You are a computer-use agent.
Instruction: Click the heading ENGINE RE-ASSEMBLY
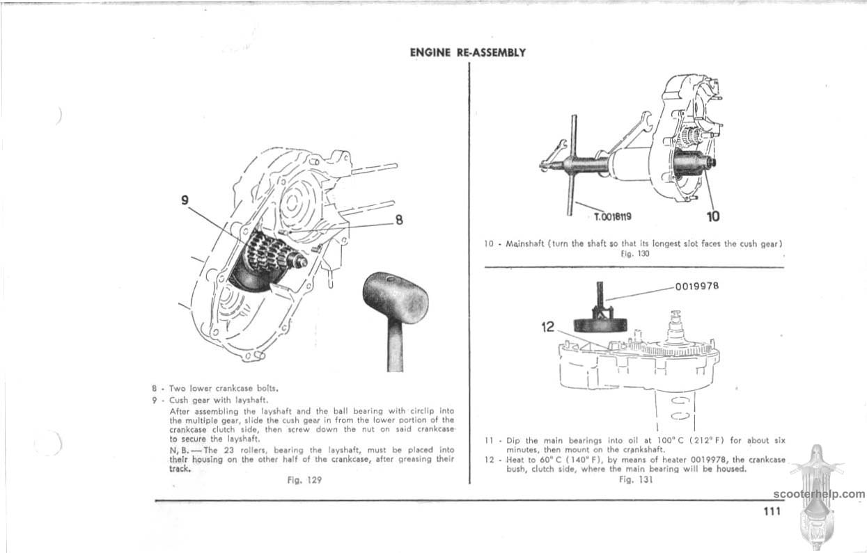(x=467, y=52)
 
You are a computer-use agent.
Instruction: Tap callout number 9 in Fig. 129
(x=185, y=200)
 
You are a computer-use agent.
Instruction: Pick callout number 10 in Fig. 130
(x=713, y=216)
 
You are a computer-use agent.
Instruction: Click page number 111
(x=770, y=511)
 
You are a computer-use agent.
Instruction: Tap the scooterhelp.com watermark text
(x=819, y=495)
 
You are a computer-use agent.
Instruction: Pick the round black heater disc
(x=596, y=325)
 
